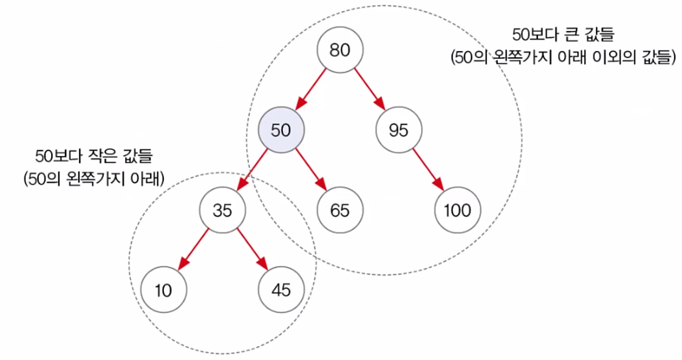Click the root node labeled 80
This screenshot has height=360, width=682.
(340, 50)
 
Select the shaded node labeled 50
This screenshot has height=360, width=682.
(281, 130)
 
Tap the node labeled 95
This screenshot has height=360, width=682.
(399, 130)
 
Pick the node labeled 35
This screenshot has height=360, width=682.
(222, 210)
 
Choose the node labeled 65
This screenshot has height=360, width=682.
(340, 210)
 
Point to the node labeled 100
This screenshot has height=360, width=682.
(457, 210)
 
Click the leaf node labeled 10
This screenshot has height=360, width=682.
(163, 290)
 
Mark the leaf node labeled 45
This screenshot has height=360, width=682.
(281, 290)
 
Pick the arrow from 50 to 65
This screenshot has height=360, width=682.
(310, 170)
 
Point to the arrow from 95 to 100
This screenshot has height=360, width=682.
(428, 170)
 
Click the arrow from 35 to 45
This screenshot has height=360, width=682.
(252, 250)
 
